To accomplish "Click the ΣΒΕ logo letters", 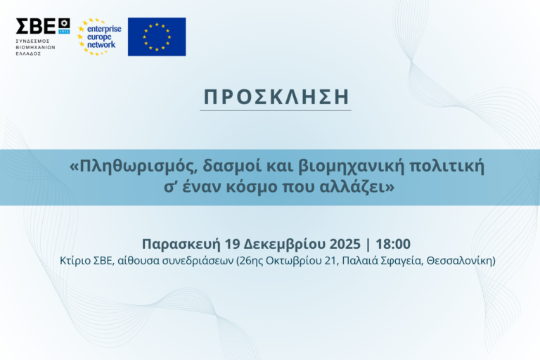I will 36,27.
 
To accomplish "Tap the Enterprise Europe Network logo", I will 99,37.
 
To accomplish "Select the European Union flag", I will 157,37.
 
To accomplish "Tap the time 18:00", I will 393,244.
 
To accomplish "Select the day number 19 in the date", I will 233,244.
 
